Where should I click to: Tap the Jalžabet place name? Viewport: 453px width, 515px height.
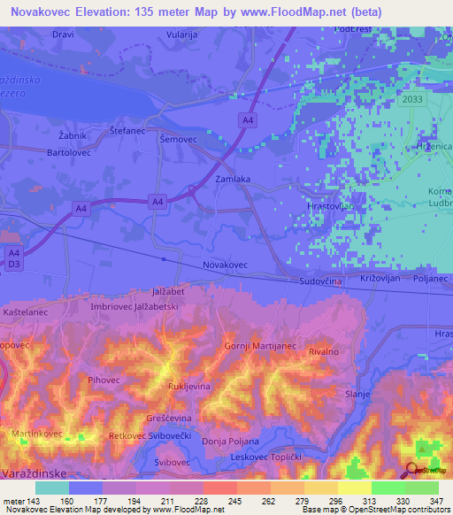pyautogui.click(x=167, y=290)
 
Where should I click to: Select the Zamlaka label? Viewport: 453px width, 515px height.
pyautogui.click(x=234, y=179)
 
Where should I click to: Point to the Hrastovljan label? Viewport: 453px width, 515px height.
pyautogui.click(x=329, y=205)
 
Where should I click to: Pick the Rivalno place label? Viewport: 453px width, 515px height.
pyautogui.click(x=323, y=351)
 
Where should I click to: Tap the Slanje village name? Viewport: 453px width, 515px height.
pyautogui.click(x=357, y=395)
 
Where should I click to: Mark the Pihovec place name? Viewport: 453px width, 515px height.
pyautogui.click(x=104, y=380)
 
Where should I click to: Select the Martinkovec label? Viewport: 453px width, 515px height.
pyautogui.click(x=36, y=434)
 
